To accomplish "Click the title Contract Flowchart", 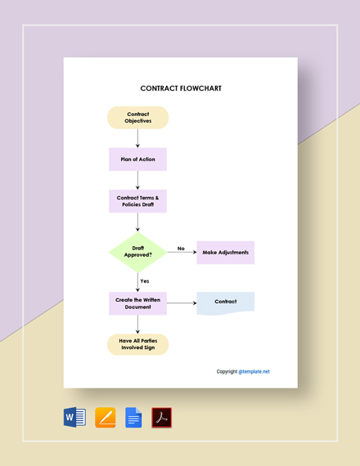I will click(x=181, y=88).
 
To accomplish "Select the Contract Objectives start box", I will click(x=137, y=118).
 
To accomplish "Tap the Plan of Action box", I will click(x=137, y=159).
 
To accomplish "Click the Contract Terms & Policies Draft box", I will click(x=137, y=201).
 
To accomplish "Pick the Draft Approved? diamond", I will click(x=137, y=252).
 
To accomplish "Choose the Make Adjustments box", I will click(x=225, y=253).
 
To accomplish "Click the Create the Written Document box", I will click(x=137, y=303).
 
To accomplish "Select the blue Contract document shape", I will click(x=225, y=302).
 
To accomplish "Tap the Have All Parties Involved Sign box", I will click(x=137, y=344).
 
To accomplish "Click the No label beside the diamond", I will click(x=181, y=249).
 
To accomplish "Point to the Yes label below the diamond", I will click(x=145, y=281).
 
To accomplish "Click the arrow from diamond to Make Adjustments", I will click(x=181, y=253).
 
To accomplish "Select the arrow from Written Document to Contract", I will click(x=181, y=303).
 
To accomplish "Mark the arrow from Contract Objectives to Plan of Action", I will click(x=137, y=138).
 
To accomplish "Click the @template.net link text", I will click(x=254, y=371).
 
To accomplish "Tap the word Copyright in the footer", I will click(x=227, y=371).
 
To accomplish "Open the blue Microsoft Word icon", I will click(x=74, y=417).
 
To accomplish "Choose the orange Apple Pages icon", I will click(x=105, y=417).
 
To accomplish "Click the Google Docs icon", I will click(x=133, y=417).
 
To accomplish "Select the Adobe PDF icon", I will click(x=162, y=417).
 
